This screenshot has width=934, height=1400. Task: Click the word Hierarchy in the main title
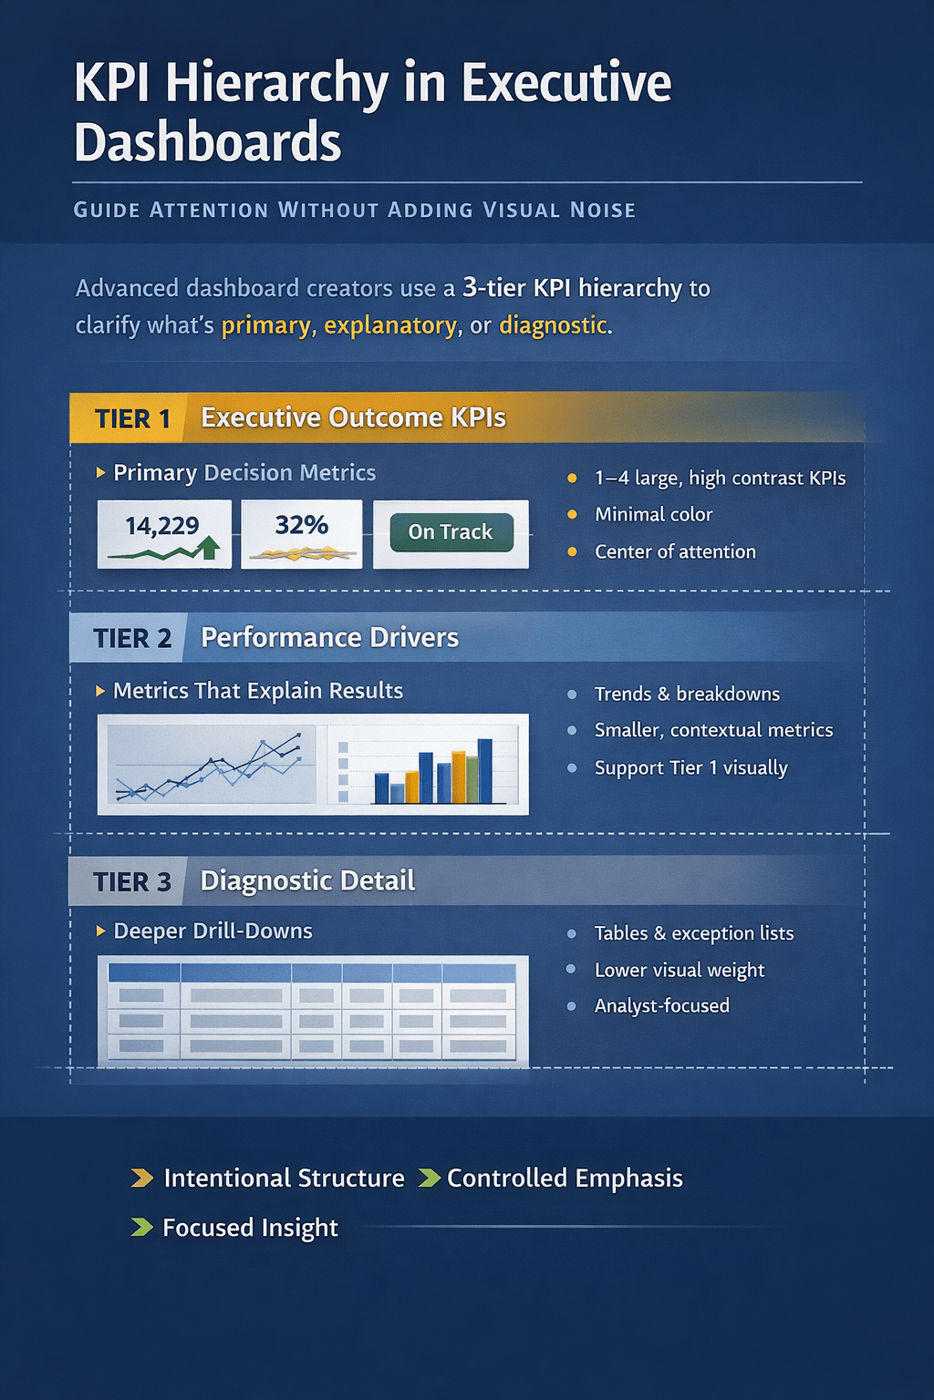click(x=276, y=85)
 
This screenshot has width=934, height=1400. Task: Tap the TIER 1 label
click(x=132, y=419)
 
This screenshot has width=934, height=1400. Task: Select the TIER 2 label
click(x=132, y=638)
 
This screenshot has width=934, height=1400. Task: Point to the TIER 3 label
click(x=132, y=882)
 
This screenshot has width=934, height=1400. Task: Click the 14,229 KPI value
click(x=162, y=526)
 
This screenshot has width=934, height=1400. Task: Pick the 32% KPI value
click(x=301, y=525)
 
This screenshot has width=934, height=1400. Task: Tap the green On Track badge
click(x=451, y=532)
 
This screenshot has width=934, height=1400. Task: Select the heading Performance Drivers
click(x=329, y=637)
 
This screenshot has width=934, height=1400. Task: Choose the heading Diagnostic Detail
click(x=307, y=880)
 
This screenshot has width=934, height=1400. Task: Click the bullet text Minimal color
click(x=653, y=514)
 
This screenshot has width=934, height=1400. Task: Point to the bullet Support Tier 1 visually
click(x=690, y=767)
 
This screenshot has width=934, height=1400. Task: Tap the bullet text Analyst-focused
click(x=661, y=1005)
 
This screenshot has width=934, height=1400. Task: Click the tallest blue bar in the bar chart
click(x=484, y=770)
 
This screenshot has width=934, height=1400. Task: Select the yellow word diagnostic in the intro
click(x=553, y=325)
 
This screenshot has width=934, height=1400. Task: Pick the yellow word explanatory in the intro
click(x=390, y=325)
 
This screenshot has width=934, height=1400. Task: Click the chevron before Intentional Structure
click(x=141, y=1178)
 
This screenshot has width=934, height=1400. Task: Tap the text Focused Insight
click(x=250, y=1228)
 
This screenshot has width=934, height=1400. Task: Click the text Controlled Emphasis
click(x=565, y=1178)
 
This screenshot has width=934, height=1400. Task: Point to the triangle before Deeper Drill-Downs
click(x=100, y=931)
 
